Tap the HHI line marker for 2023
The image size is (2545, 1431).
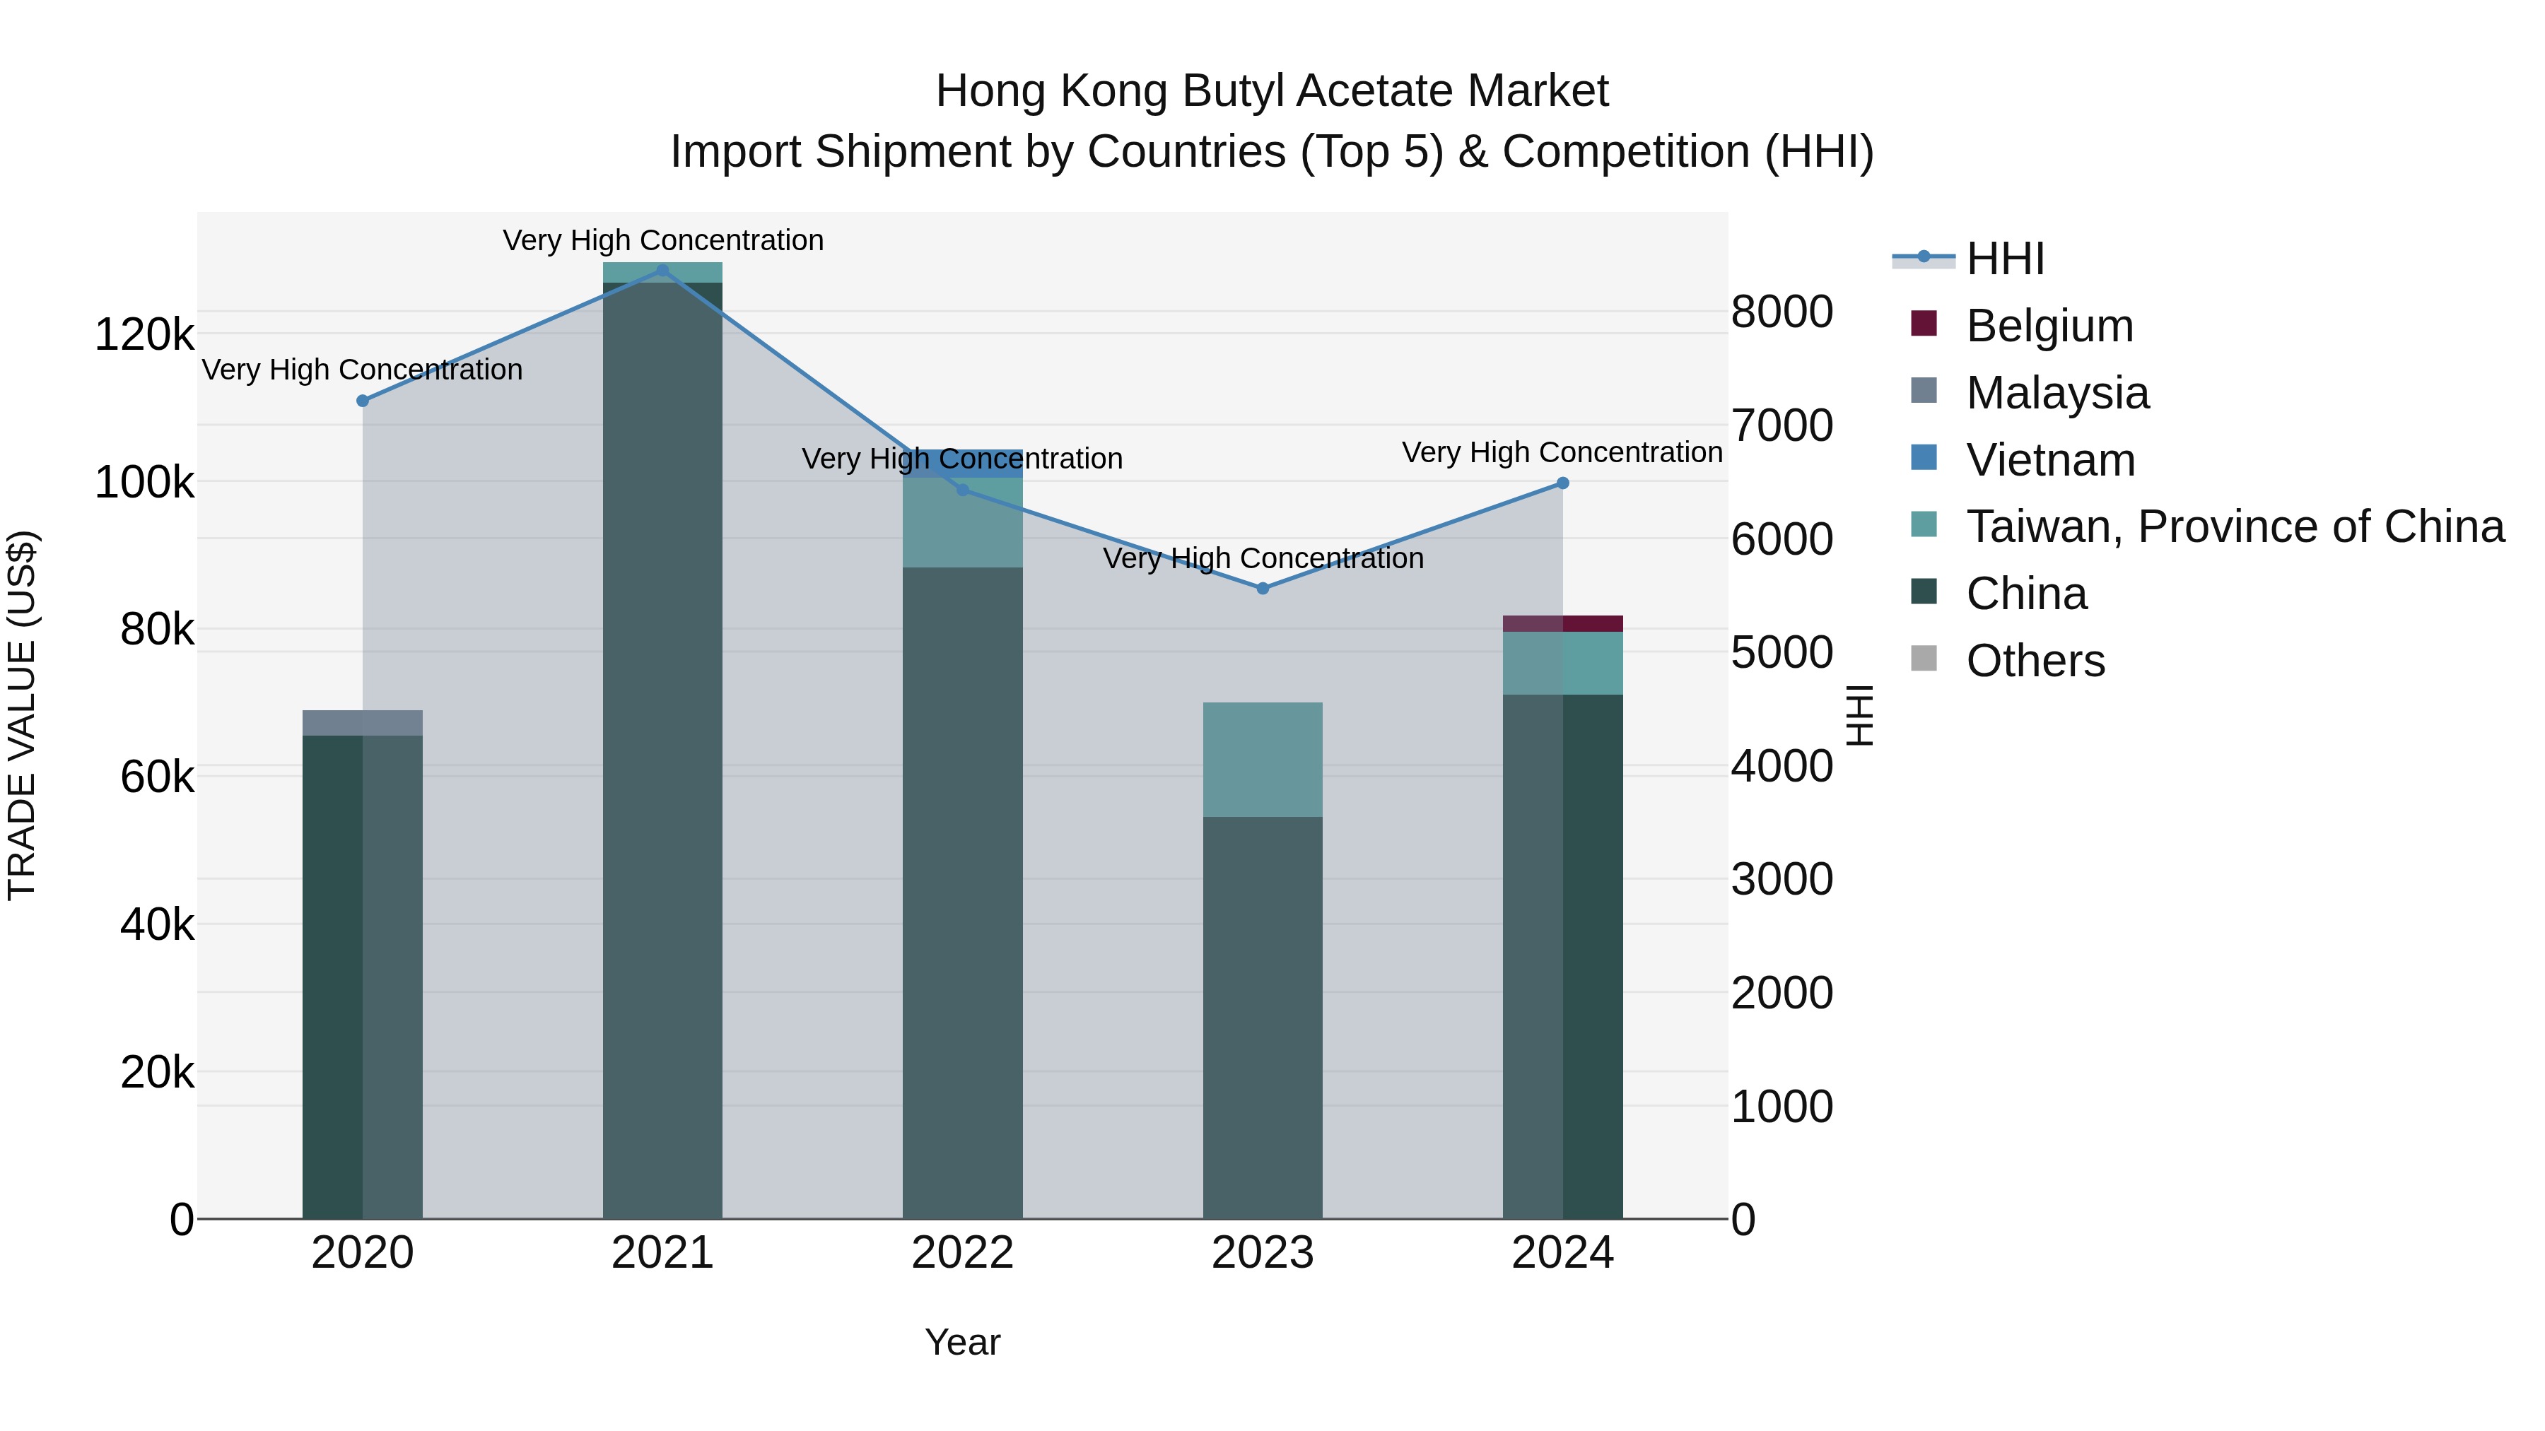[1263, 589]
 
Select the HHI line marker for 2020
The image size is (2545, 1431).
[363, 401]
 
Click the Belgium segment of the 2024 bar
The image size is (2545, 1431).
[1563, 624]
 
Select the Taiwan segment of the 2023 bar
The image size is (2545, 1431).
[1263, 760]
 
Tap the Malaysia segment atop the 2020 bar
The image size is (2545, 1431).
[363, 723]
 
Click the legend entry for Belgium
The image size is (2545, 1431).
[2049, 326]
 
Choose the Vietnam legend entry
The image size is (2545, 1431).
[2050, 460]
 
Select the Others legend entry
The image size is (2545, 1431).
[2035, 661]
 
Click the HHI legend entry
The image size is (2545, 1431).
[2005, 259]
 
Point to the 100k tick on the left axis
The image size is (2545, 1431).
[144, 483]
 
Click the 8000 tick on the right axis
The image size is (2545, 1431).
[1782, 312]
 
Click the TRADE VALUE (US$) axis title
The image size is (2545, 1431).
[23, 715]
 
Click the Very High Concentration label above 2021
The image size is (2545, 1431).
[663, 240]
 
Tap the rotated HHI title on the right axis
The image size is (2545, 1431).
[1859, 715]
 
